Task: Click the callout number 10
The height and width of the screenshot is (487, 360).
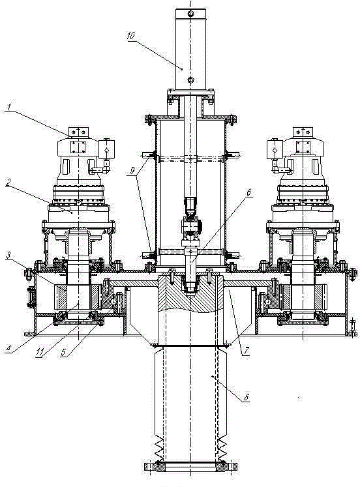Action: tap(131, 35)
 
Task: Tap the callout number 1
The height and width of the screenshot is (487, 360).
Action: tap(9, 108)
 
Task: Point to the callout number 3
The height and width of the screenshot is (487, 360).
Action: tap(9, 256)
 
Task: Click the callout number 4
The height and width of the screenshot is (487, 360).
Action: tap(8, 349)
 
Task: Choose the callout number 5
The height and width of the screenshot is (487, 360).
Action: tap(64, 352)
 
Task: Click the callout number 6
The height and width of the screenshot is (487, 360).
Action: tap(248, 192)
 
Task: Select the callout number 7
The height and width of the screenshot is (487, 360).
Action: tap(246, 351)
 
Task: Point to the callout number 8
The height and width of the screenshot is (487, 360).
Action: tap(247, 397)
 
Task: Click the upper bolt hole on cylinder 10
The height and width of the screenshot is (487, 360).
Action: tap(190, 14)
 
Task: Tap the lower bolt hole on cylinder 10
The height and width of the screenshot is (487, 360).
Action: tap(190, 80)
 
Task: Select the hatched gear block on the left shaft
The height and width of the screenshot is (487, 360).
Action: tap(79, 297)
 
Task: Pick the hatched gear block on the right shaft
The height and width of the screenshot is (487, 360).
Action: tap(303, 297)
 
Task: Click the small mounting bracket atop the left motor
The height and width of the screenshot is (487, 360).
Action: tap(78, 132)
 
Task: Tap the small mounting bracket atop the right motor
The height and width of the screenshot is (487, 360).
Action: tap(302, 132)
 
